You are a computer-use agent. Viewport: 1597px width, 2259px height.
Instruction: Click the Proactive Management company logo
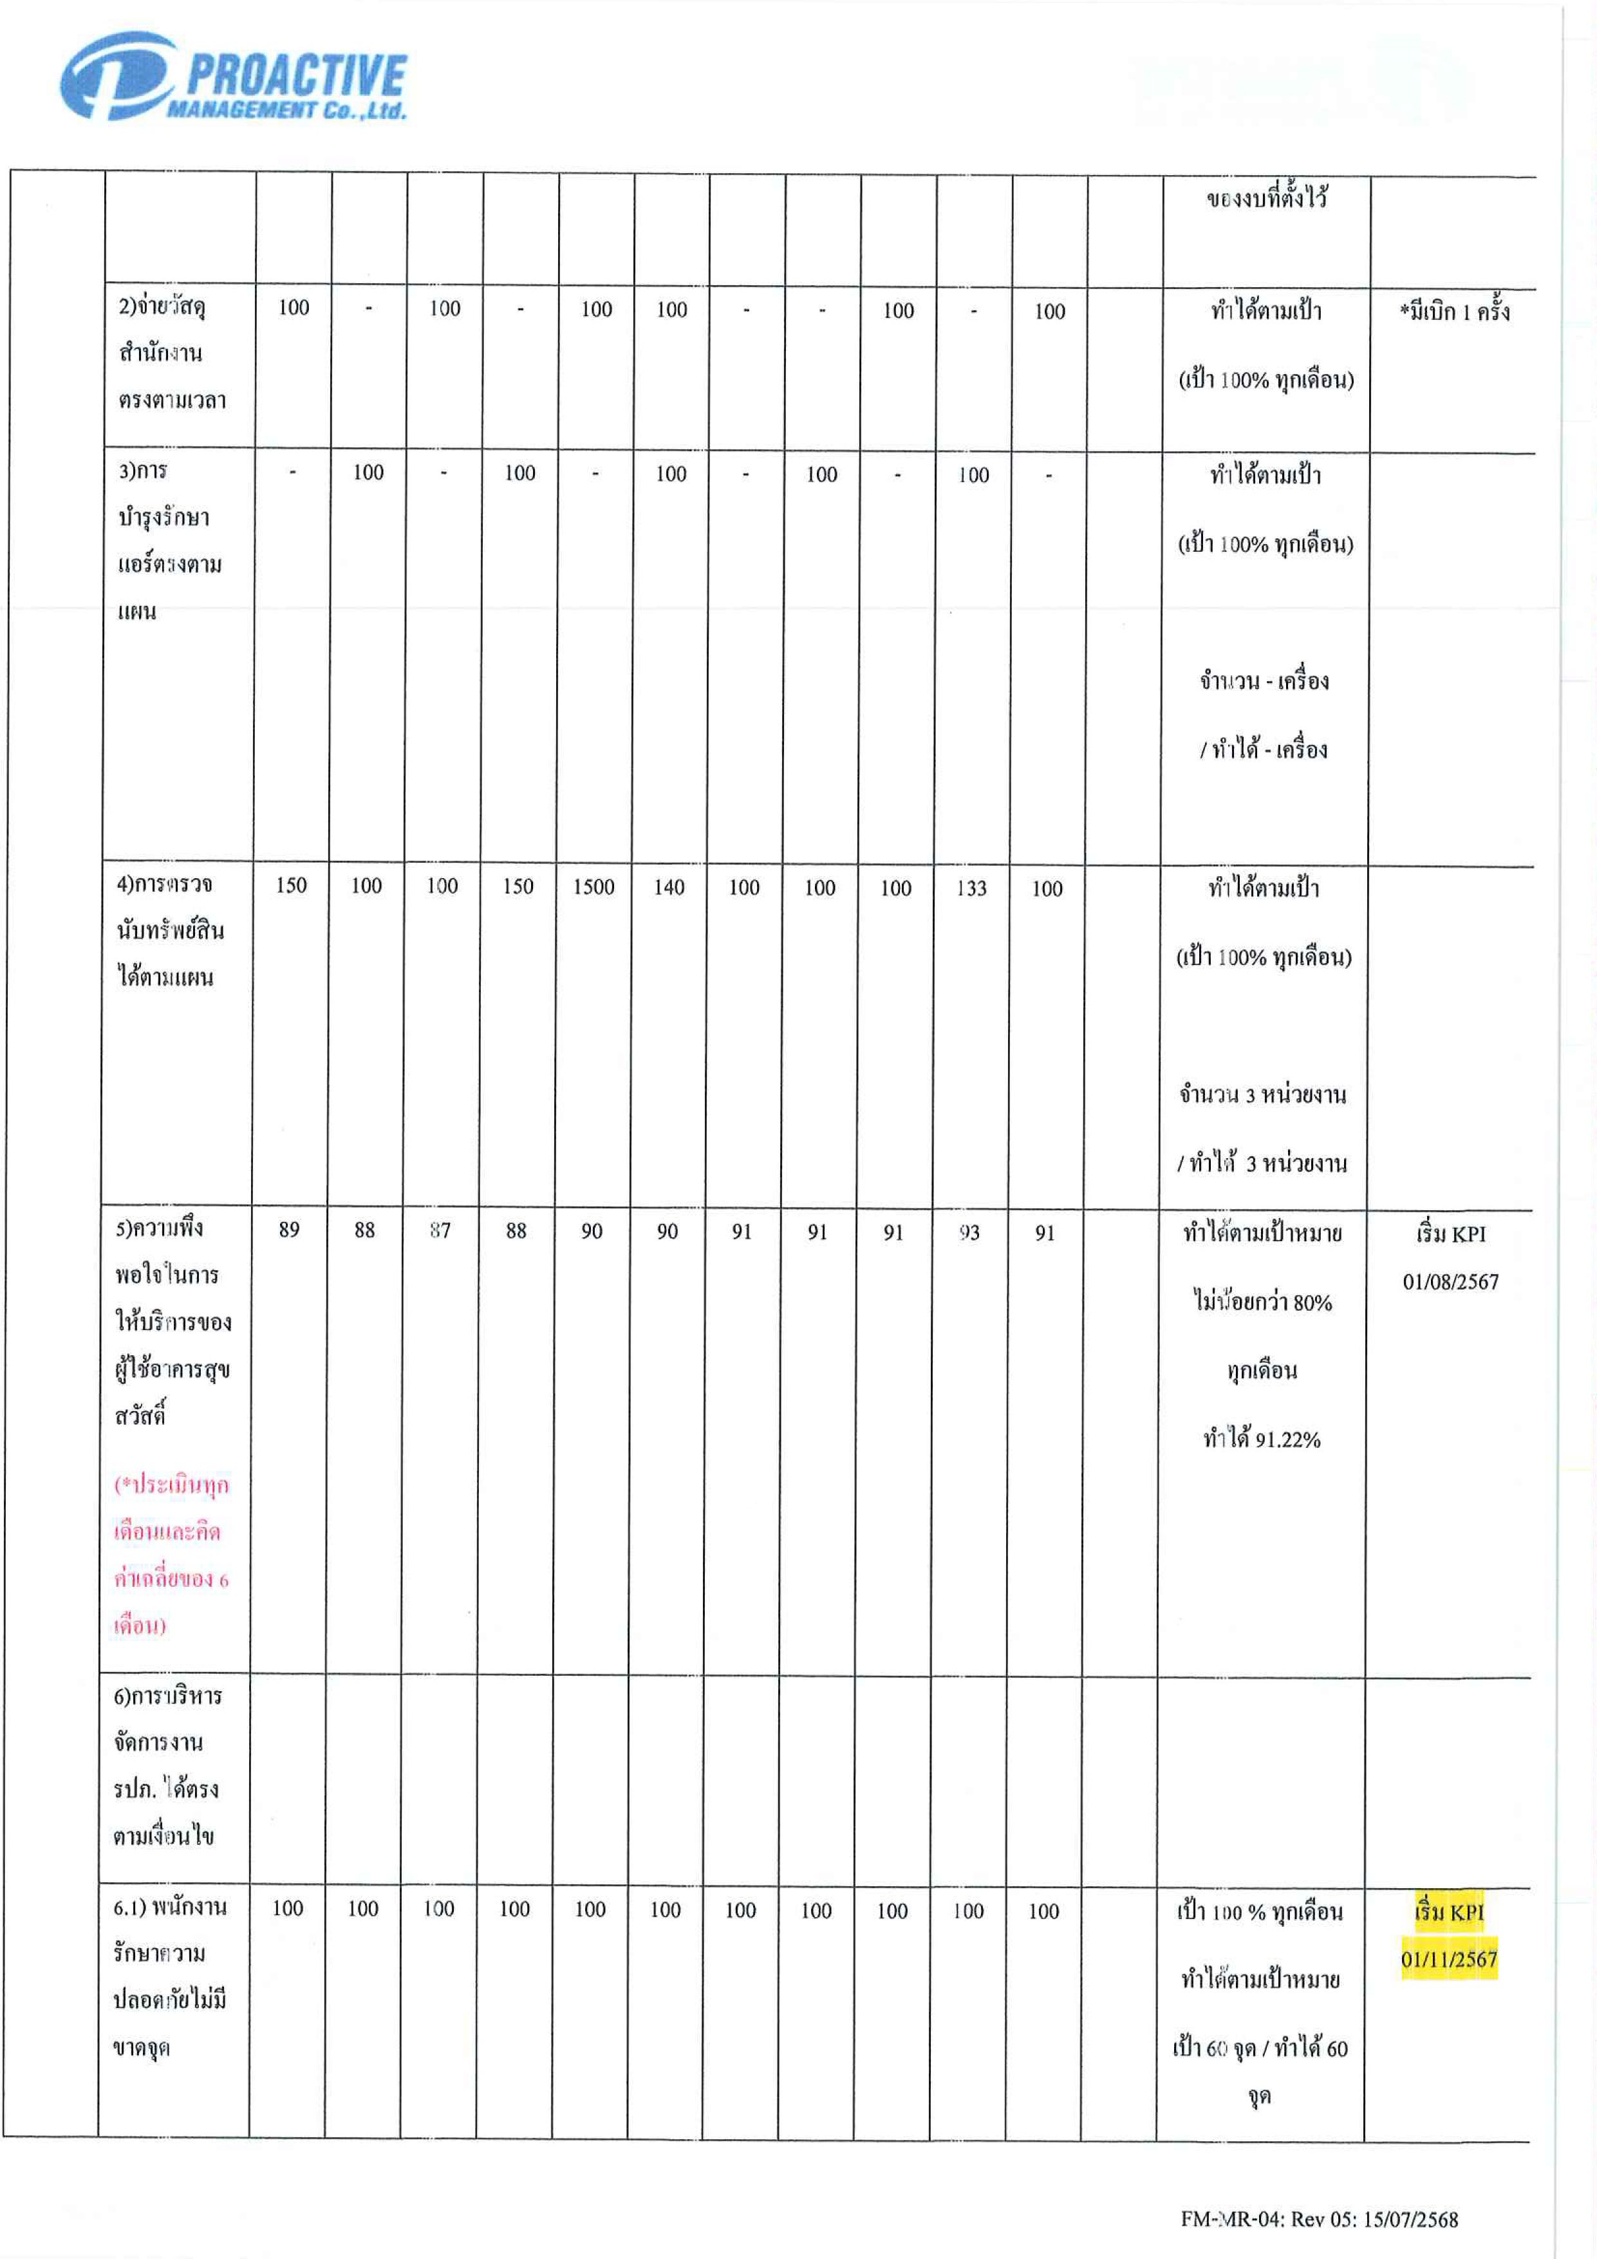[x=233, y=77]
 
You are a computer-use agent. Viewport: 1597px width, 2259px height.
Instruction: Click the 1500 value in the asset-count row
[x=593, y=886]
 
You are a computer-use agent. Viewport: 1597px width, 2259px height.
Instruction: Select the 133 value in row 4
[x=971, y=888]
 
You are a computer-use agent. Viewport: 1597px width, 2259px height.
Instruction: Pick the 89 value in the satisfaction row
[x=289, y=1230]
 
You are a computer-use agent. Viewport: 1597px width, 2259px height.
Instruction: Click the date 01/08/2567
[x=1450, y=1282]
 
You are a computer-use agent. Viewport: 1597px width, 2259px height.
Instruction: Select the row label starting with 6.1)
[x=169, y=1978]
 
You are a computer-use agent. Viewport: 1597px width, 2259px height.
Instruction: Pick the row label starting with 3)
[x=169, y=541]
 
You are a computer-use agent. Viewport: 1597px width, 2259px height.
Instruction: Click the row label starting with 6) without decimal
[x=167, y=1766]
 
